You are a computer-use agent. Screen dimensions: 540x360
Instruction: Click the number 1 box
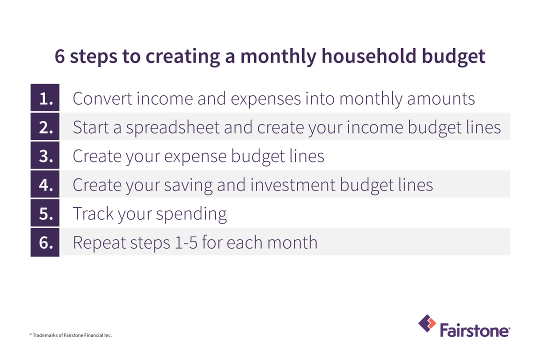45,97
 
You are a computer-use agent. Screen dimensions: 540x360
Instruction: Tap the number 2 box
45,126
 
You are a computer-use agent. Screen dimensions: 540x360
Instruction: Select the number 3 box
45,155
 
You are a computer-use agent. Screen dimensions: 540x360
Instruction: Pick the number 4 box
45,184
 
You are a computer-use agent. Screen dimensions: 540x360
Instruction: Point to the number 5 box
45,212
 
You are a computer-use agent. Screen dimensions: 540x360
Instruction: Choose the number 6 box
45,242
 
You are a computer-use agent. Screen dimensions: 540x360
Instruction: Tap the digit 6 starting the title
59,56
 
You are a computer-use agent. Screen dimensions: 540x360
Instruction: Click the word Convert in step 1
102,99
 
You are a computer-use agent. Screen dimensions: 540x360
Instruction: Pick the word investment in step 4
292,185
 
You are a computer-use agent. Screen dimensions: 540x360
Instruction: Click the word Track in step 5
93,213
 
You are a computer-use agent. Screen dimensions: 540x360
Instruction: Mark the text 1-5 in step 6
186,242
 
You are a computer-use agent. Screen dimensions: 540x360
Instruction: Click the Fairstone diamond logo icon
427,323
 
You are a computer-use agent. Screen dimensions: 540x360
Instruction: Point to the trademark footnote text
70,335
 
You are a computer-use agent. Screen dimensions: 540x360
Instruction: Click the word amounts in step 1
441,99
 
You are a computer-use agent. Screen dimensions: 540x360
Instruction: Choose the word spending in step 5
191,214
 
